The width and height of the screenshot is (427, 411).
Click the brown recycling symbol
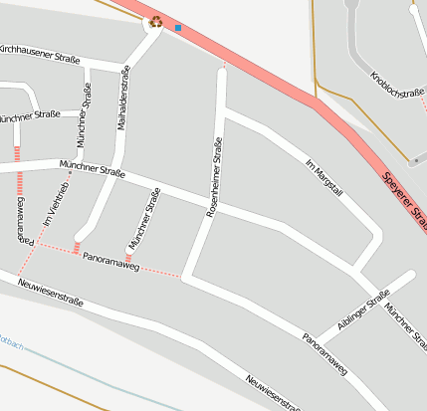point(156,21)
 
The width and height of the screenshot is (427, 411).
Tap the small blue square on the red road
point(178,28)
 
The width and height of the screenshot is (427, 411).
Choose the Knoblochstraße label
point(397,90)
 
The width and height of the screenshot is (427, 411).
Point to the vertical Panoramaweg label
point(22,220)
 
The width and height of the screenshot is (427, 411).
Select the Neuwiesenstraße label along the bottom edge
point(273,393)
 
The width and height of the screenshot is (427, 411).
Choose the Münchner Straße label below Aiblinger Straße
point(406,327)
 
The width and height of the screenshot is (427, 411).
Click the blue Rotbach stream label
point(8,345)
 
